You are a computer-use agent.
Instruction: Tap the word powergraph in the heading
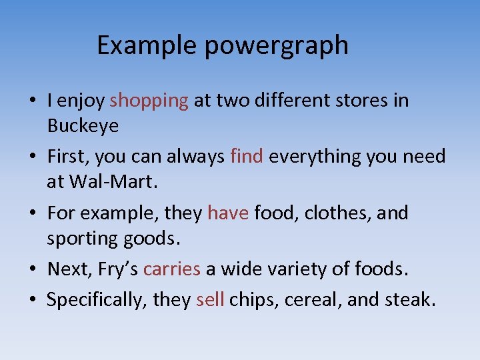point(276,45)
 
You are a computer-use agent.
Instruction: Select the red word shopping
point(149,101)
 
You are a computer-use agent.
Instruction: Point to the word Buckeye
point(83,125)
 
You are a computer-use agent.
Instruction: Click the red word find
point(247,157)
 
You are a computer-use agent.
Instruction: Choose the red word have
point(228,213)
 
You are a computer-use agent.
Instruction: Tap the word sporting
point(84,238)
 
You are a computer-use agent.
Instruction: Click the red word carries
point(171,269)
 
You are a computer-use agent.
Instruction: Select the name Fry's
point(119,269)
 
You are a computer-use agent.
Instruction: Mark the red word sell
point(210,300)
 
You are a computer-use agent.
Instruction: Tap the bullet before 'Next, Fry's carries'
point(32,270)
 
